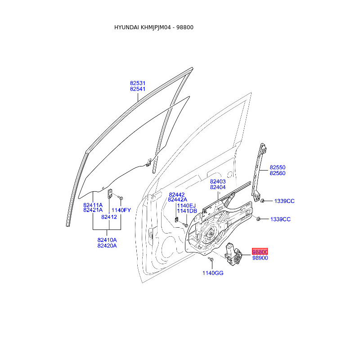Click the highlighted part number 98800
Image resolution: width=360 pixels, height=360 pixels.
pyautogui.click(x=260, y=252)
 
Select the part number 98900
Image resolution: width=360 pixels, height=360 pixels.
pyautogui.click(x=260, y=258)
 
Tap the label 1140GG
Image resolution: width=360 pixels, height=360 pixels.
pyautogui.click(x=213, y=273)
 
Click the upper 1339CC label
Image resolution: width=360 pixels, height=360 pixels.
pyautogui.click(x=284, y=201)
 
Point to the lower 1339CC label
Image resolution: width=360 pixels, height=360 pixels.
pyautogui.click(x=280, y=219)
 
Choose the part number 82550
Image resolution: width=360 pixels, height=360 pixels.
pyautogui.click(x=278, y=167)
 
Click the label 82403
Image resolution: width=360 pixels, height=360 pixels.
pyautogui.click(x=218, y=181)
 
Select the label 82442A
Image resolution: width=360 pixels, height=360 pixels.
pyautogui.click(x=177, y=200)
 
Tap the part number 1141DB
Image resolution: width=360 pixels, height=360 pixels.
pyautogui.click(x=187, y=211)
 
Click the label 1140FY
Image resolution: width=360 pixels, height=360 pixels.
pyautogui.click(x=121, y=210)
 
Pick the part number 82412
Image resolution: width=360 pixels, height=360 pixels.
pyautogui.click(x=109, y=217)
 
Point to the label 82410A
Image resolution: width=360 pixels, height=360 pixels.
pyautogui.click(x=107, y=240)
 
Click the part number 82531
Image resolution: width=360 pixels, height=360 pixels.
pyautogui.click(x=138, y=83)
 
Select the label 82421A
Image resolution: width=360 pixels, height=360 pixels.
pyautogui.click(x=93, y=210)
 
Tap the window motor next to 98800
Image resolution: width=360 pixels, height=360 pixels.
pyautogui.click(x=233, y=254)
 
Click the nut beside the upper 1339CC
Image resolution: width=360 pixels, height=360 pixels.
pyautogui.click(x=263, y=201)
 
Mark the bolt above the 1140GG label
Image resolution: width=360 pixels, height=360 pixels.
pyautogui.click(x=211, y=259)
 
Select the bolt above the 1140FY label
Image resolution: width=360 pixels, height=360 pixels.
pyautogui.click(x=121, y=198)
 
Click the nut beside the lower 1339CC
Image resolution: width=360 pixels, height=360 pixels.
pyautogui.click(x=258, y=219)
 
